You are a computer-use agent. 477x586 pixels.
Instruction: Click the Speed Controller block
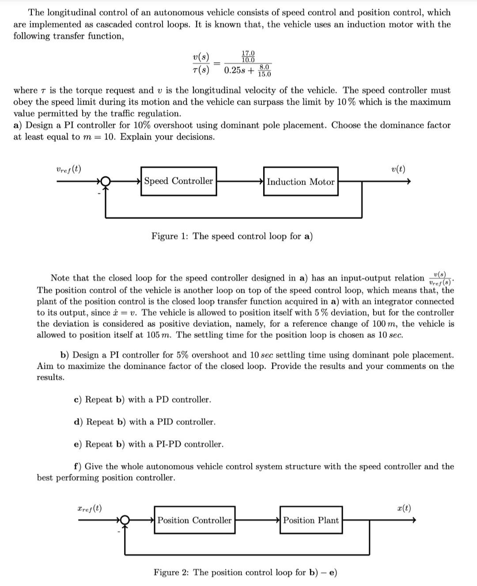178,181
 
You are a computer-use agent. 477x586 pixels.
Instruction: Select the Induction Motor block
300,181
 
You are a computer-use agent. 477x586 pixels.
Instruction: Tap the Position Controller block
194,520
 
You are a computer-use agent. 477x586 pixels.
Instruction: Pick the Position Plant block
311,520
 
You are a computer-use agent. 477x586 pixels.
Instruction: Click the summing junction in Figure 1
105,181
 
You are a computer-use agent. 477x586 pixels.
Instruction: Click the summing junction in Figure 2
125,521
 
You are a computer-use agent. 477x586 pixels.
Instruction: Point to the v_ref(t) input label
68,169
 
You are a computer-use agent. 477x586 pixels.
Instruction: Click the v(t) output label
398,169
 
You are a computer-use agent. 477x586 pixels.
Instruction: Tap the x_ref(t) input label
89,508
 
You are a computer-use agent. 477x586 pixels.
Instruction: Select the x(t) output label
404,508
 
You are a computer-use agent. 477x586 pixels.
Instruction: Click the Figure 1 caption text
232,236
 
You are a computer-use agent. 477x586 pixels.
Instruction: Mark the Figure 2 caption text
245,573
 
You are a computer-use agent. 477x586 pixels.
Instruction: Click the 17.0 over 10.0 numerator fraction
248,57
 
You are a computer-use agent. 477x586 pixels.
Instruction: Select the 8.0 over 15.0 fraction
264,70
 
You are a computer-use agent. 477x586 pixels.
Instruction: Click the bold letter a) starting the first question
18,125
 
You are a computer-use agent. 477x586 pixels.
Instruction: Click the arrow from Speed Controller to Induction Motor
240,181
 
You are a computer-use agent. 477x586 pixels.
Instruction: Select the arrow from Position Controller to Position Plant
257,520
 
